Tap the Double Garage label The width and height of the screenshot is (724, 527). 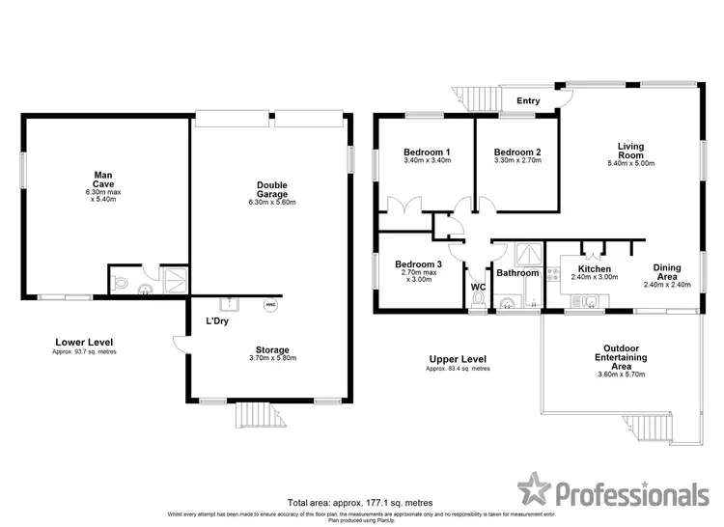pyautogui.click(x=271, y=189)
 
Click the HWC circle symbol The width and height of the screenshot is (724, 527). pyautogui.click(x=271, y=306)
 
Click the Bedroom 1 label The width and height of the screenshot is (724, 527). pyautogui.click(x=426, y=153)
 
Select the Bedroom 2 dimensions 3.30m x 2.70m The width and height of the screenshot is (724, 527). pyautogui.click(x=517, y=162)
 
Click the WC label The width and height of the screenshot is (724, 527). pyautogui.click(x=477, y=287)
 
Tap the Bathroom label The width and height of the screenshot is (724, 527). pyautogui.click(x=516, y=273)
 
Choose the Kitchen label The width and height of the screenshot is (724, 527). pyautogui.click(x=594, y=268)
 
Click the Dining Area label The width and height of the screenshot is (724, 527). pyautogui.click(x=669, y=273)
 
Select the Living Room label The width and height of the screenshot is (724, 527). pyautogui.click(x=630, y=152)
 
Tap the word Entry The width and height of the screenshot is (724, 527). pyautogui.click(x=528, y=100)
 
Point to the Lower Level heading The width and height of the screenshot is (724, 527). pyautogui.click(x=76, y=343)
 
